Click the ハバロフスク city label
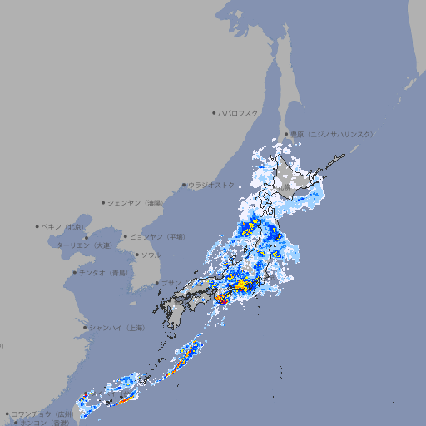pos(238,112)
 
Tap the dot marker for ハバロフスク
pos(214,112)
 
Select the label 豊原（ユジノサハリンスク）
pos(331,134)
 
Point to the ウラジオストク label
pos(211,185)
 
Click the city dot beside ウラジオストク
pos(184,185)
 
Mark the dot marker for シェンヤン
pos(104,202)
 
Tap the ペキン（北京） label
pos(63,226)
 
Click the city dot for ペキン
pos(37,226)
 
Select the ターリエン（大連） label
pos(83,245)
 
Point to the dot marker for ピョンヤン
pos(126,236)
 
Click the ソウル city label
pos(150,255)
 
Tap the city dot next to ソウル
pos(136,255)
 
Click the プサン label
pos(170,283)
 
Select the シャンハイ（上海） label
pos(116,328)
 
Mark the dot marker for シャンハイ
pos(85,328)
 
